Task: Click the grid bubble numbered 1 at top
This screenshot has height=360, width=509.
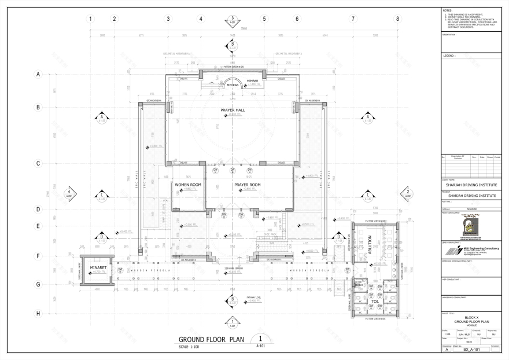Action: [90, 19]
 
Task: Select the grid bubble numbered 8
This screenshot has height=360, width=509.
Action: [397, 19]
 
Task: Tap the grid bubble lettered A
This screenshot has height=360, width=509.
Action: [39, 74]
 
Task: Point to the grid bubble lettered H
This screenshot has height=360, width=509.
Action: [39, 313]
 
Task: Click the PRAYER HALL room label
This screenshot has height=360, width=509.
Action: [232, 109]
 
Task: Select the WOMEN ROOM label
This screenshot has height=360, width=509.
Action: [188, 185]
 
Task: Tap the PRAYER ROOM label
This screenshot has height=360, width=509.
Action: [248, 185]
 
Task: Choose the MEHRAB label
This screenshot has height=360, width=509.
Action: [233, 85]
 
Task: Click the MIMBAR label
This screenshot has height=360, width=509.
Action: [253, 80]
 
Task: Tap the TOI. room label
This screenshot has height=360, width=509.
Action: [374, 301]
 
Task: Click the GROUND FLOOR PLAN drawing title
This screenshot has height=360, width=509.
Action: [212, 339]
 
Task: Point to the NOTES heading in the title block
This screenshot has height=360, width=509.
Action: [448, 10]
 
